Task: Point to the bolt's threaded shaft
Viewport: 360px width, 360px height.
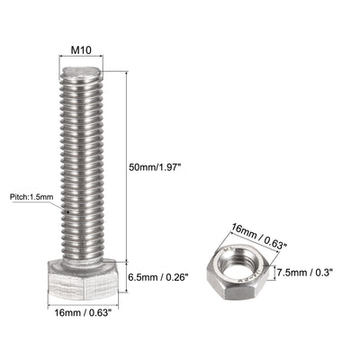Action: (83, 171)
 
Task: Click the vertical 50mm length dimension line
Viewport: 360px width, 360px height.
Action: (127, 166)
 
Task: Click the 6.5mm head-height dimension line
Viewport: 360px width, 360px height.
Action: (127, 278)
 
